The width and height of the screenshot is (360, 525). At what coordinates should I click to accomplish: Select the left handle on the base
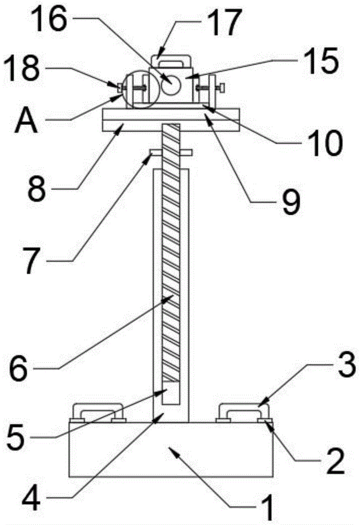tap(98, 410)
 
